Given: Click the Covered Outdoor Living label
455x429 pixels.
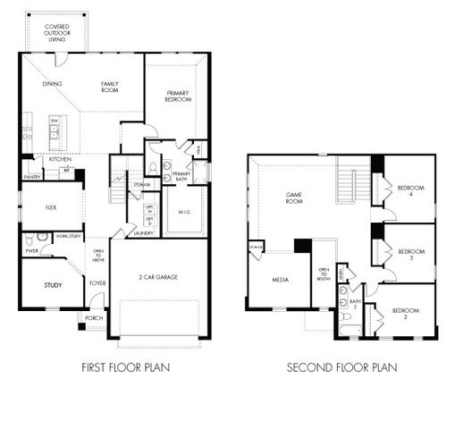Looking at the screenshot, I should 57,32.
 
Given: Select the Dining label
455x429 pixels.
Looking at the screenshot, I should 52,84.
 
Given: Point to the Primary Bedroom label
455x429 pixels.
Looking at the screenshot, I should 179,96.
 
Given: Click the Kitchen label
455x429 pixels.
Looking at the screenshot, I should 48,158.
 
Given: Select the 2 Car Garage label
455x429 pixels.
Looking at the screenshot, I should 159,277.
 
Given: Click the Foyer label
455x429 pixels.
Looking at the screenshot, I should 97,283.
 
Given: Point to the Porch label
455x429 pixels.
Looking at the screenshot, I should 94,317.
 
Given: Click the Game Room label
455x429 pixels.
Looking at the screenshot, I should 296,197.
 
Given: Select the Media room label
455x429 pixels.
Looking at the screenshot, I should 279,279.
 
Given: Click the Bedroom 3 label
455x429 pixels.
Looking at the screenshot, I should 410,255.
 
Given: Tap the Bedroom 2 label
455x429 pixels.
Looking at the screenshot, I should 410,315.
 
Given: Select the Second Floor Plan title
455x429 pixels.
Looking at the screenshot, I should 341,366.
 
